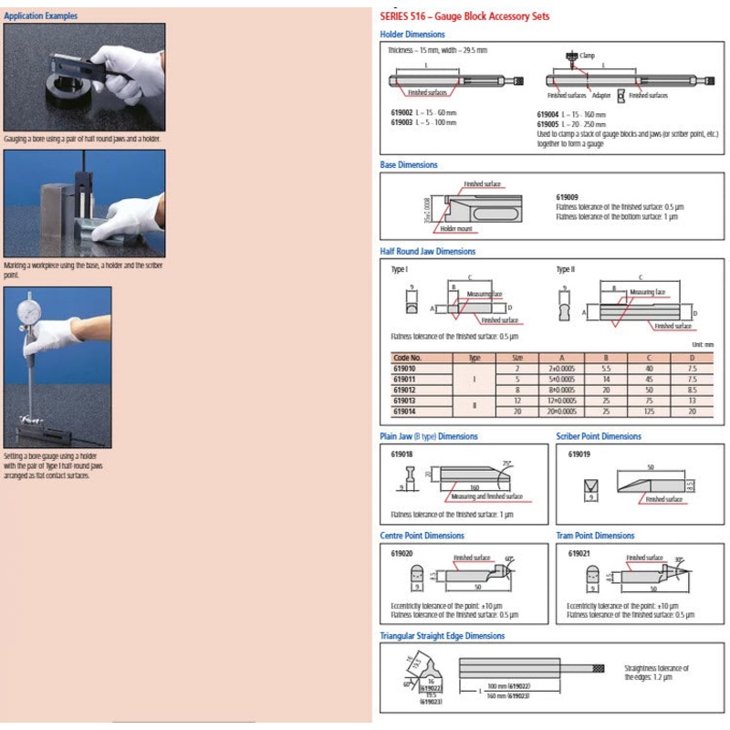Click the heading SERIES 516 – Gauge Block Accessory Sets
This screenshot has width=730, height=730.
coord(464,16)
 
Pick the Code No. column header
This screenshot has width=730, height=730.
coord(407,359)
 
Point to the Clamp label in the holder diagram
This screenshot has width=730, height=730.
coord(587,55)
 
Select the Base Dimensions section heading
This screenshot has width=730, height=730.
coord(409,165)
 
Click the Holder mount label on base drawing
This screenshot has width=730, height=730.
coord(455,229)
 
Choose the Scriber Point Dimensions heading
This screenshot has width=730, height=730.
coord(599,436)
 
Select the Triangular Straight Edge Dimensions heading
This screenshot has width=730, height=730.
coord(442,635)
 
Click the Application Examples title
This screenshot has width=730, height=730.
coord(40,16)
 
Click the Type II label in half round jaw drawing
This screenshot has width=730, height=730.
coord(567,270)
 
